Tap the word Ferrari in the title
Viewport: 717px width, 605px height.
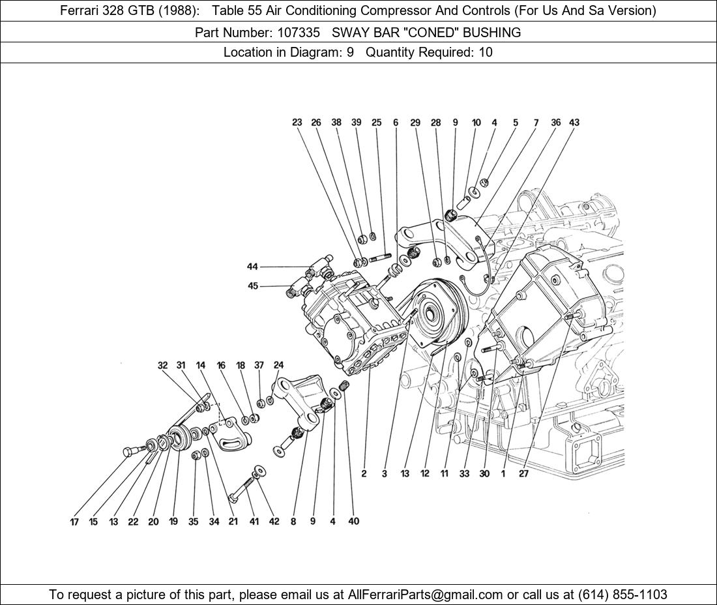point(81,10)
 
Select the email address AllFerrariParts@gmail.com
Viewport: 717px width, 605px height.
point(426,595)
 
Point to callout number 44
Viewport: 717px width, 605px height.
point(252,267)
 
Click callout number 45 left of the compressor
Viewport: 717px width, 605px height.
point(252,286)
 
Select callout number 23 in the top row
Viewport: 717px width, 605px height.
point(297,123)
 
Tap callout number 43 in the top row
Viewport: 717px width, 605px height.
point(574,123)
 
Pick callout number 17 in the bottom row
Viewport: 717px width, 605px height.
point(74,522)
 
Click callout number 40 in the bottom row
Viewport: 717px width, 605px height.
point(353,521)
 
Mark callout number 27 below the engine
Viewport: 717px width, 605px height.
point(523,474)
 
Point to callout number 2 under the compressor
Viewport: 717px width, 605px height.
point(364,474)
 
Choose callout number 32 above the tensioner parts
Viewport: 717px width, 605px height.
point(162,366)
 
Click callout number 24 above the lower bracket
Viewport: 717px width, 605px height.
point(278,366)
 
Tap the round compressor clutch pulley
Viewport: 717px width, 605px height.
point(432,313)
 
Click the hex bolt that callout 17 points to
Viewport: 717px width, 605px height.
point(131,450)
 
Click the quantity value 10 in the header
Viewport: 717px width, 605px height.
point(485,53)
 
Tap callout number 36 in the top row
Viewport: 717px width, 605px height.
point(555,123)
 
